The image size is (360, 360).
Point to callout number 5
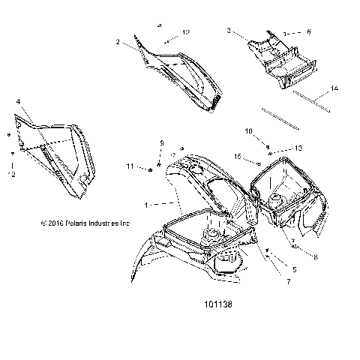(x=294, y=268)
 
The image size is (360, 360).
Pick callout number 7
(x=286, y=283)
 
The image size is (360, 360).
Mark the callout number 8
(x=315, y=256)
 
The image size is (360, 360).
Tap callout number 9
(x=160, y=142)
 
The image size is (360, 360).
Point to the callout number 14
(x=334, y=88)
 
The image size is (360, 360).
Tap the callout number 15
(x=237, y=157)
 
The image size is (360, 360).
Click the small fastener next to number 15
(x=257, y=163)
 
